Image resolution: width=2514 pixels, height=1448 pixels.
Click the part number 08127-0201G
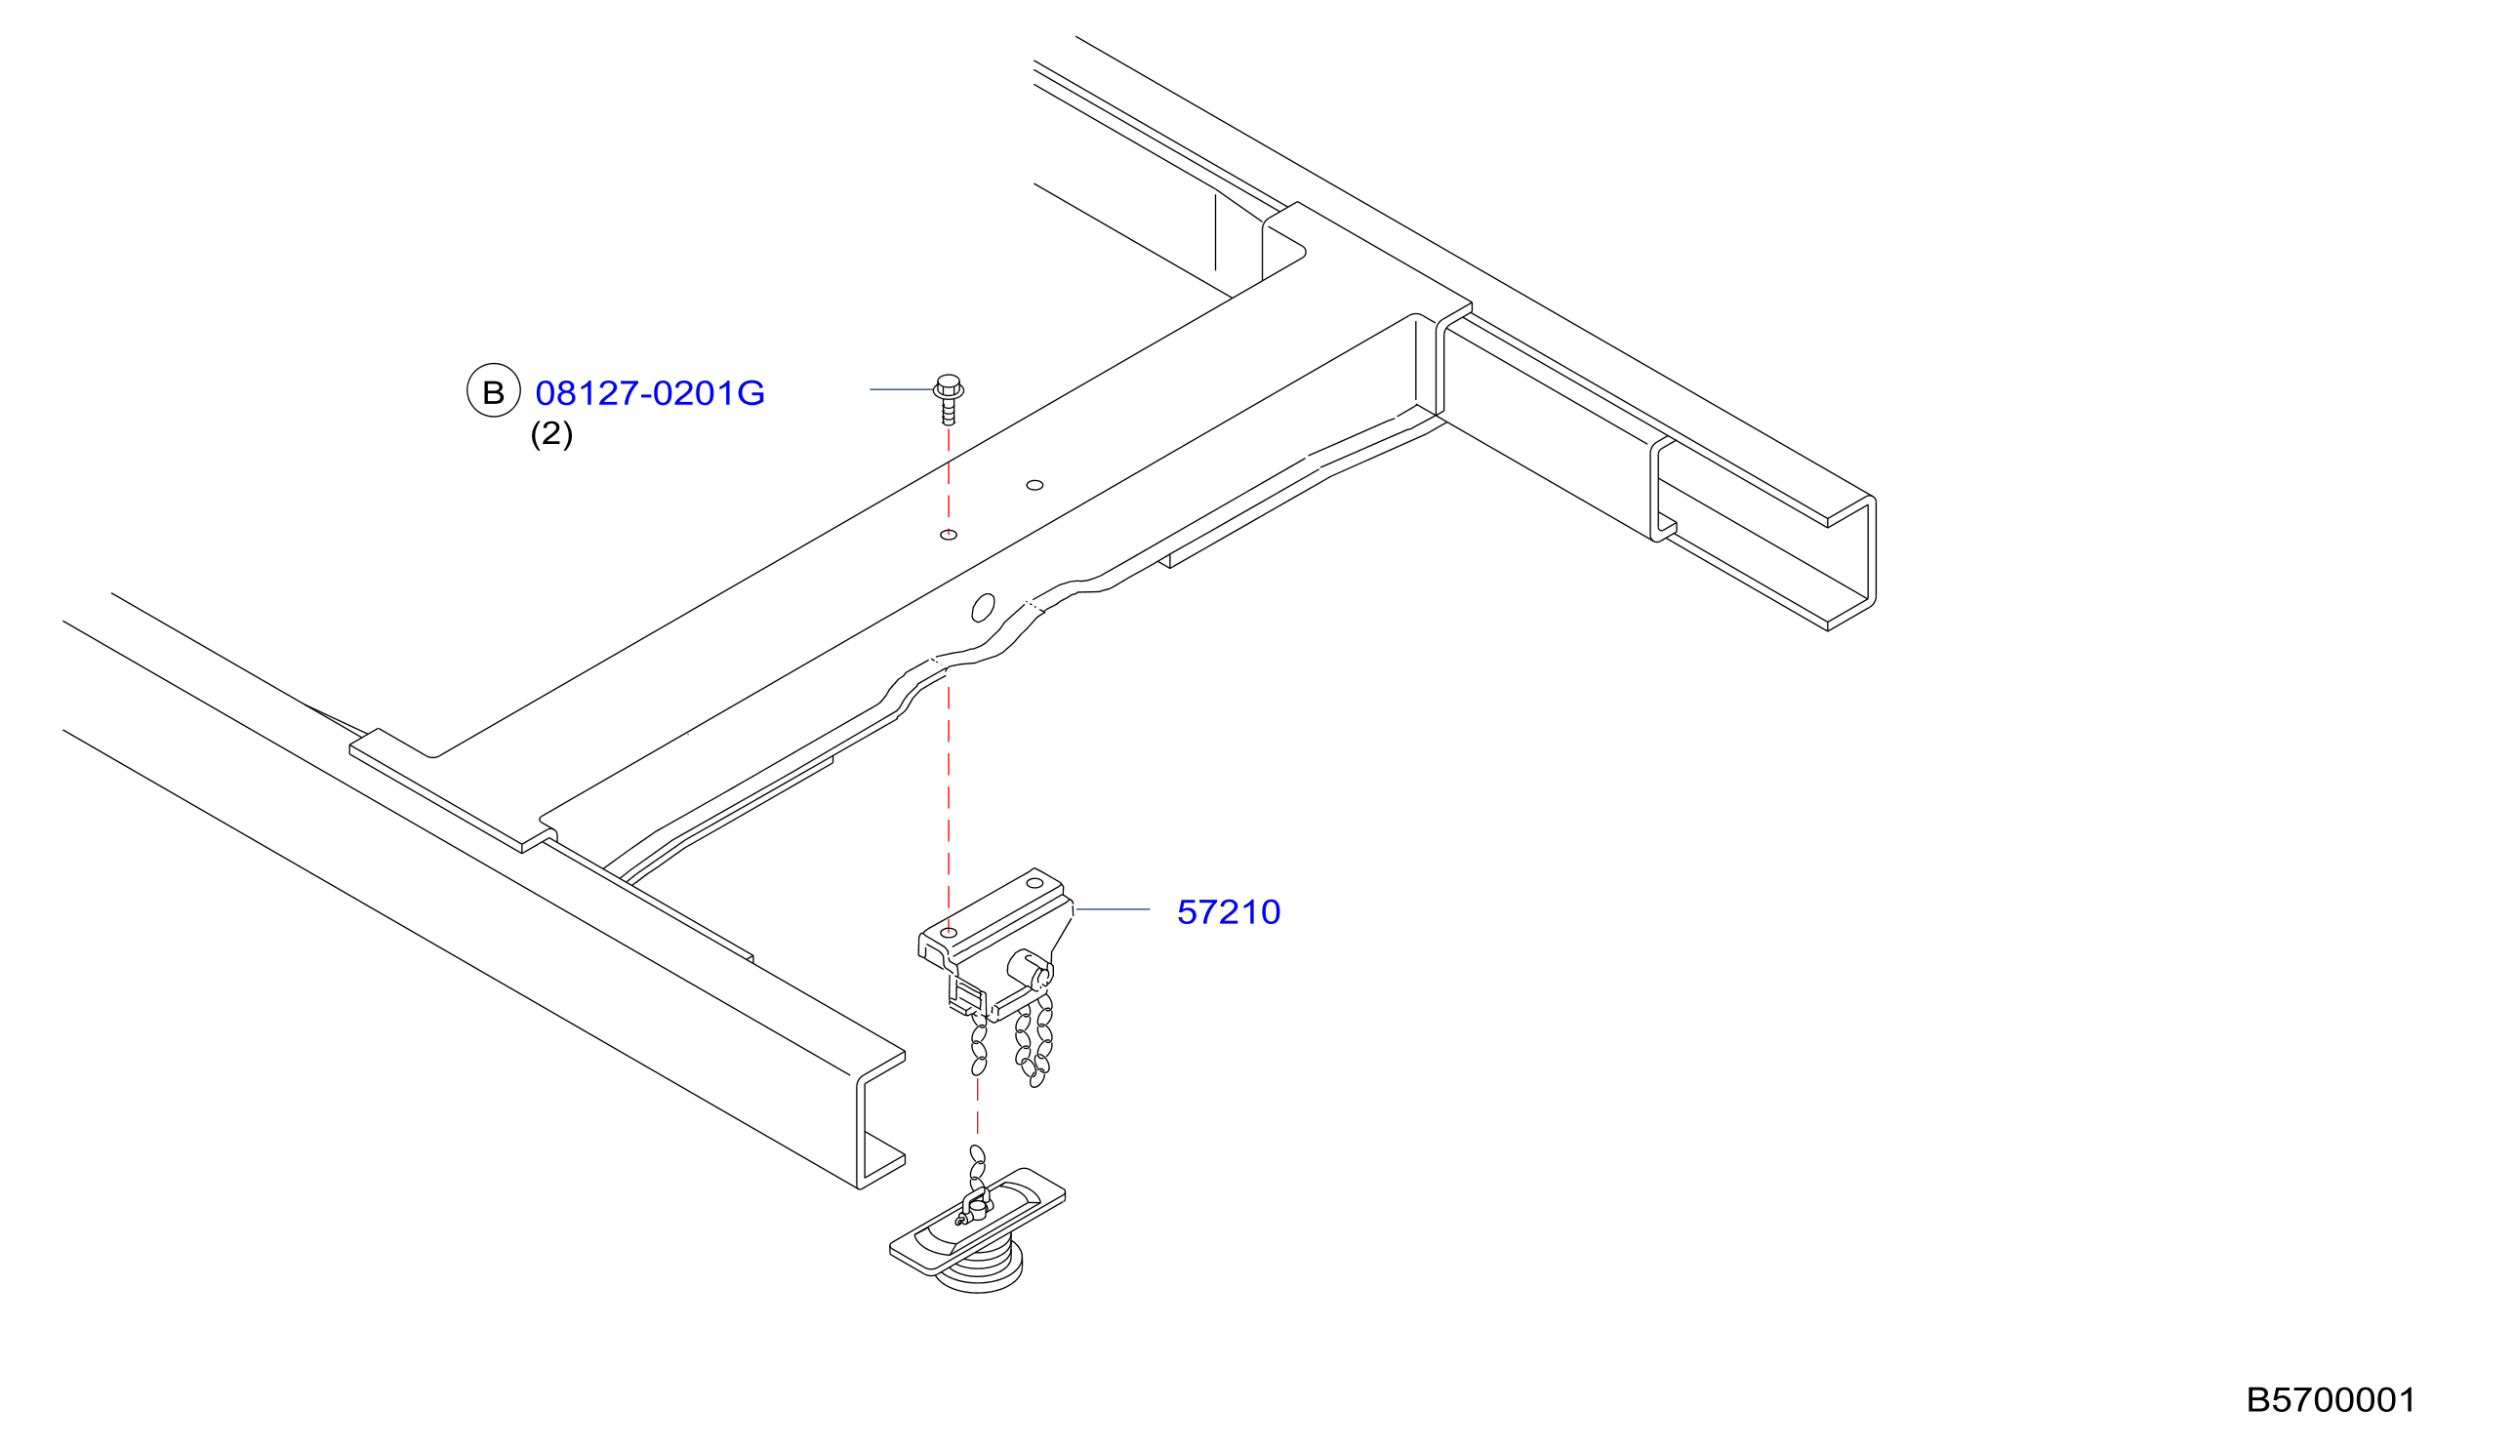click(649, 393)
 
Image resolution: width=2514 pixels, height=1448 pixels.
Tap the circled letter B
click(493, 390)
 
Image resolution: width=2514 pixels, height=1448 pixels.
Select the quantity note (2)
click(551, 433)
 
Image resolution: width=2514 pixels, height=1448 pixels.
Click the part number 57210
click(1228, 912)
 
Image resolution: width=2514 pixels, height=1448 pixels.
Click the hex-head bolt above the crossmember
click(949, 399)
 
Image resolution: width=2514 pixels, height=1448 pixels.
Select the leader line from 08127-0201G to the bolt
click(902, 389)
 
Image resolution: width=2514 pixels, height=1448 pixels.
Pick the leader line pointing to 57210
click(1113, 909)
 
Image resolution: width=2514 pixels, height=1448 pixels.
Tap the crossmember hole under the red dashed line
click(949, 535)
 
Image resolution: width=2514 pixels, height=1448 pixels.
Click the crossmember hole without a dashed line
click(1034, 485)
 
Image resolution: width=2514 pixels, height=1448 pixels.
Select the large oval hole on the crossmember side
click(983, 608)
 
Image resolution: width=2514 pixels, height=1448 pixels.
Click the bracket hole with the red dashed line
click(949, 933)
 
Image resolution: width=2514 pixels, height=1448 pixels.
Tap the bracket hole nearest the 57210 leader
click(1034, 883)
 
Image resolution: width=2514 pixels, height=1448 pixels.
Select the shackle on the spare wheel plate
click(975, 1206)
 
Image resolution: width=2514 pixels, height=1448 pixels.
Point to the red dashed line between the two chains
click(978, 1106)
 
